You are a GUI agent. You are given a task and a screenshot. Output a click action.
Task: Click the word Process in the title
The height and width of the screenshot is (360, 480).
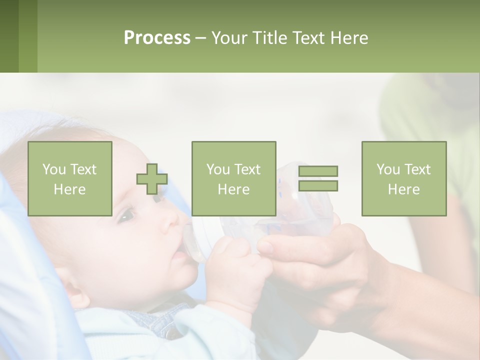(157, 38)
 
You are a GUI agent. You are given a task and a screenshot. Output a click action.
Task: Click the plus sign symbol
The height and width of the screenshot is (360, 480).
(152, 179)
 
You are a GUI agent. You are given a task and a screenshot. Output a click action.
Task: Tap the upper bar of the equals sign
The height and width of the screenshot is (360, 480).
(318, 171)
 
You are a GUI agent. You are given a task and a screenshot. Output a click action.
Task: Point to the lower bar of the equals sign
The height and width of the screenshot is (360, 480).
(318, 185)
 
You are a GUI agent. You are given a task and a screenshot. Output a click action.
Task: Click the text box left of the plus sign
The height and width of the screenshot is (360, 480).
(69, 178)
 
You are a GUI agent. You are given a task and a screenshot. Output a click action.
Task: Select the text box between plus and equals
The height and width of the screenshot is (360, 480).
(233, 178)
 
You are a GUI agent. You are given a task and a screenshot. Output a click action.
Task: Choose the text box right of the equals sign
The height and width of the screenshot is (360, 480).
(403, 178)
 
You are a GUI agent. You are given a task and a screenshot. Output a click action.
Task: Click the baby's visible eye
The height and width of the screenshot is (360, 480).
(126, 216)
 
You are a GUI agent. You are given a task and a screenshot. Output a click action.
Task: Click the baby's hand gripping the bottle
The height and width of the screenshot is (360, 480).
(235, 270)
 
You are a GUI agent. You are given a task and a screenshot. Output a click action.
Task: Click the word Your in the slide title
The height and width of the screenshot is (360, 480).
(230, 38)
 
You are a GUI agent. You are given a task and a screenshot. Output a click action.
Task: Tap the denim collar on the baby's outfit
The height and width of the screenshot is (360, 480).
(150, 320)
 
